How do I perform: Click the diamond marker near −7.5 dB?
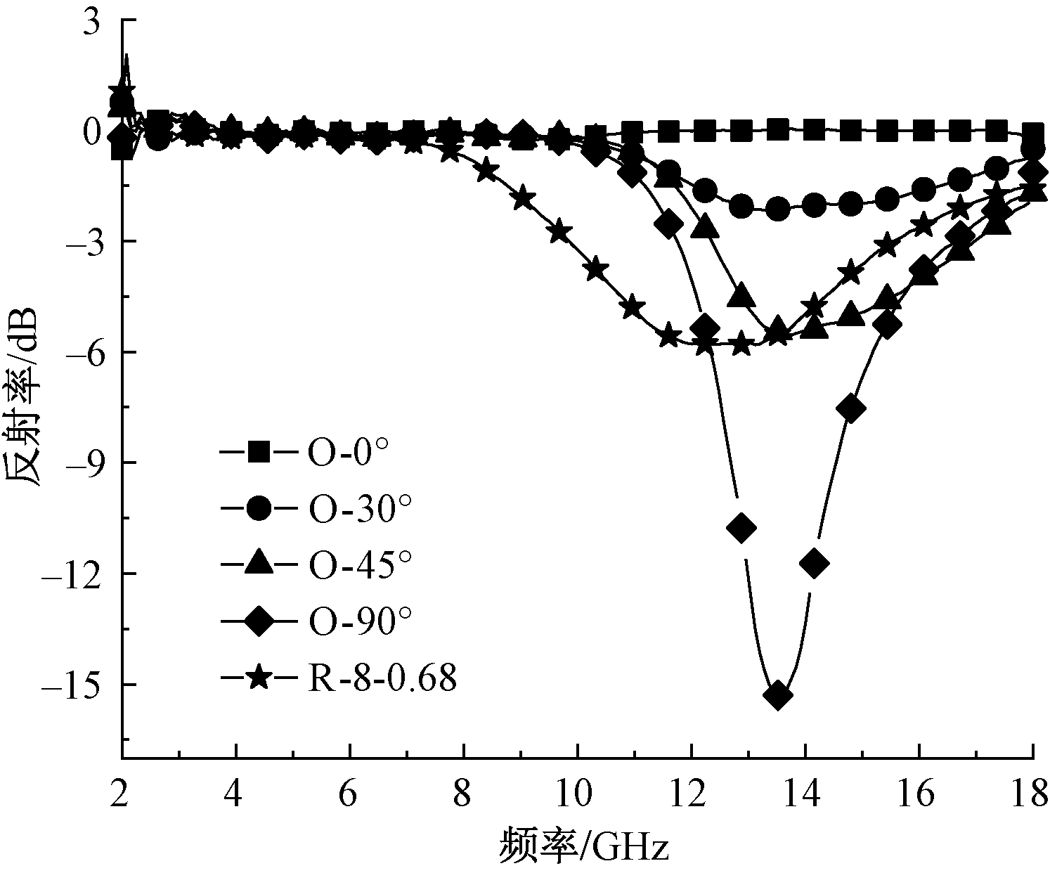coord(851,408)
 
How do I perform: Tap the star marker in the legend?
coord(259,679)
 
